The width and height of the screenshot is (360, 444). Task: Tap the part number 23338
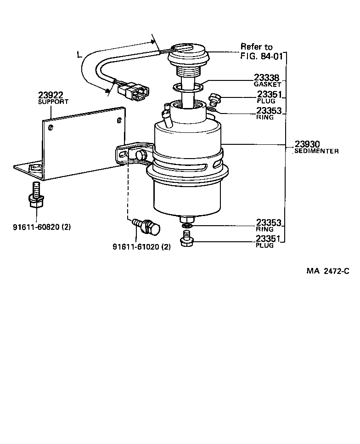pos(267,78)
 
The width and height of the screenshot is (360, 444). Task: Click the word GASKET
pos(267,85)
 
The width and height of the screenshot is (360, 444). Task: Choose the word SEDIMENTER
pos(316,151)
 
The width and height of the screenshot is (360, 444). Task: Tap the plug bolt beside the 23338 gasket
pos(214,98)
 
